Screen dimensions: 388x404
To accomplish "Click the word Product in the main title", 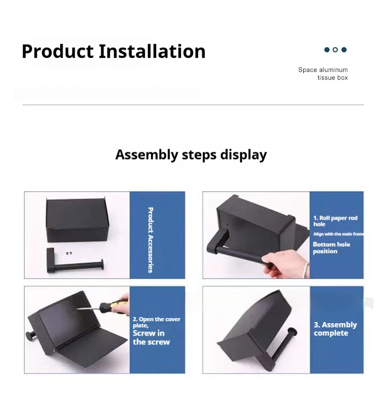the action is (x=57, y=51).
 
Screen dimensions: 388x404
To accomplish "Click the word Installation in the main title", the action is (x=152, y=51).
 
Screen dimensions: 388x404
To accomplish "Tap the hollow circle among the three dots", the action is (x=335, y=50).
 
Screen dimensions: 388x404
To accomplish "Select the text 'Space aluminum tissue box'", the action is (x=323, y=74).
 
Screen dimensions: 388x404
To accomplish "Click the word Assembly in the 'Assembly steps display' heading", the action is (x=146, y=155).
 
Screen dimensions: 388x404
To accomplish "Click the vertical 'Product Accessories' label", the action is (x=151, y=240).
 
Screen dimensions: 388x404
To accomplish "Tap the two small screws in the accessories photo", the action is (x=69, y=253).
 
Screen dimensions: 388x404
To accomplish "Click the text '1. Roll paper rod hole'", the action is (x=336, y=221).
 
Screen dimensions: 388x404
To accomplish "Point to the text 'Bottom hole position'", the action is (x=332, y=248).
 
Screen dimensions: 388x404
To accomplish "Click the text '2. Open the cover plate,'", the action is (x=156, y=322).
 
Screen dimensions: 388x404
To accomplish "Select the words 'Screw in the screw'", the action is (x=151, y=338).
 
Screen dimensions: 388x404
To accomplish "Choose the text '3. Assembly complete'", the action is (x=335, y=329).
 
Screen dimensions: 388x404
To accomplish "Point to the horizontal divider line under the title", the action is (x=193, y=105).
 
